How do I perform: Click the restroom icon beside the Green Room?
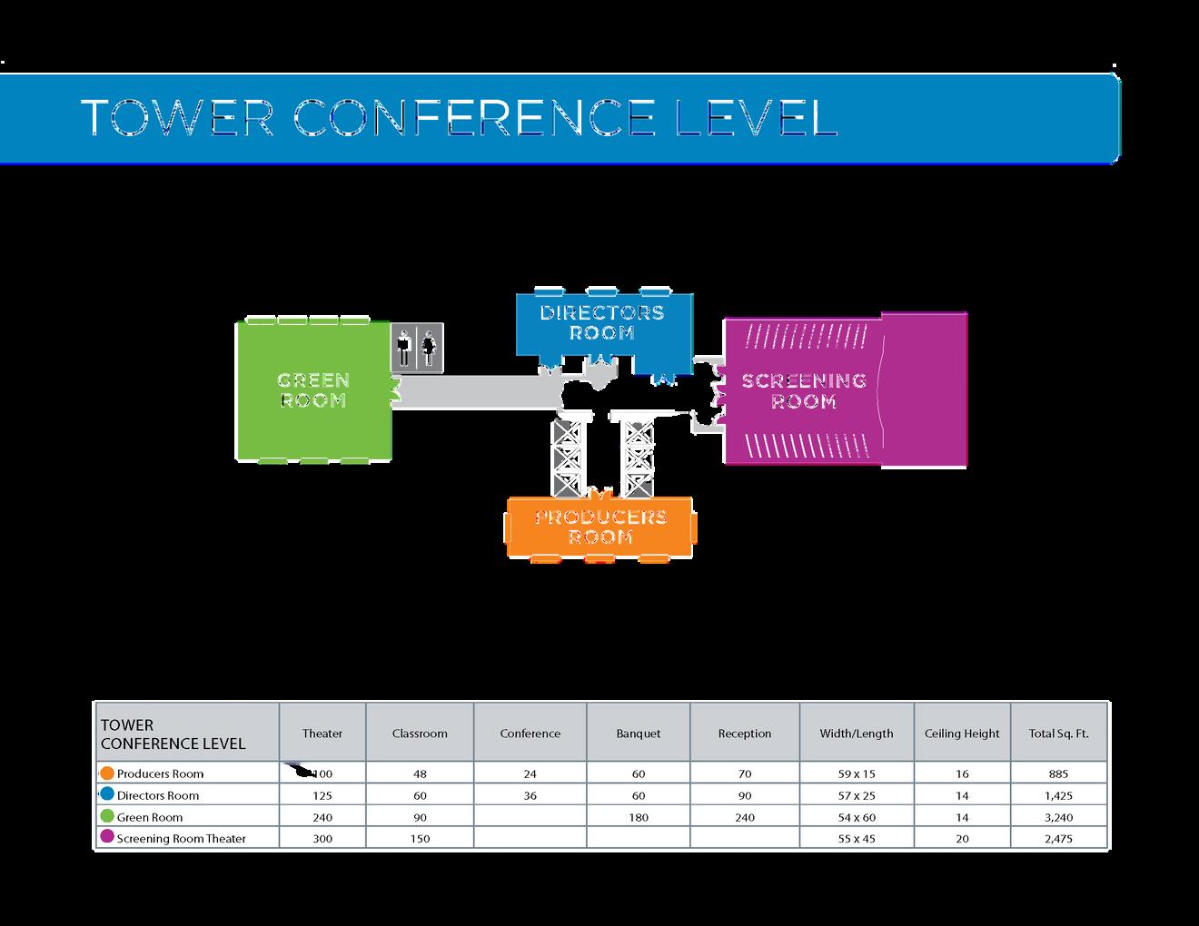[417, 347]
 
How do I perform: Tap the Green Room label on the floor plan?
[313, 390]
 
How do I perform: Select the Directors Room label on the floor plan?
[601, 322]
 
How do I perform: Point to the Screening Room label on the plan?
[804, 390]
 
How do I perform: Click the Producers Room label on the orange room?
[600, 527]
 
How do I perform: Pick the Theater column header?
[322, 734]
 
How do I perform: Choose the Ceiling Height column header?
[962, 734]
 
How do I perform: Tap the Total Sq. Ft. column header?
[1058, 734]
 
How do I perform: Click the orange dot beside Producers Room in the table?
[107, 773]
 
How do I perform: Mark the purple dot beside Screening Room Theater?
[107, 837]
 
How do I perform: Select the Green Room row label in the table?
[150, 817]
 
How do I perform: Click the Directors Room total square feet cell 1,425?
[1058, 795]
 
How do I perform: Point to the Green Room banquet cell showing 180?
[639, 817]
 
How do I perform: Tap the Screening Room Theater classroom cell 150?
[420, 839]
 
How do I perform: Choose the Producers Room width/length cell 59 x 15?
[856, 774]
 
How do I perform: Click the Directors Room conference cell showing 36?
[530, 795]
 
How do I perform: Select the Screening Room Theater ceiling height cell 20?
[962, 839]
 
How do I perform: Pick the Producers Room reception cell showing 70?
[745, 774]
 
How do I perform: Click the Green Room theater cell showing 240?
[322, 817]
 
